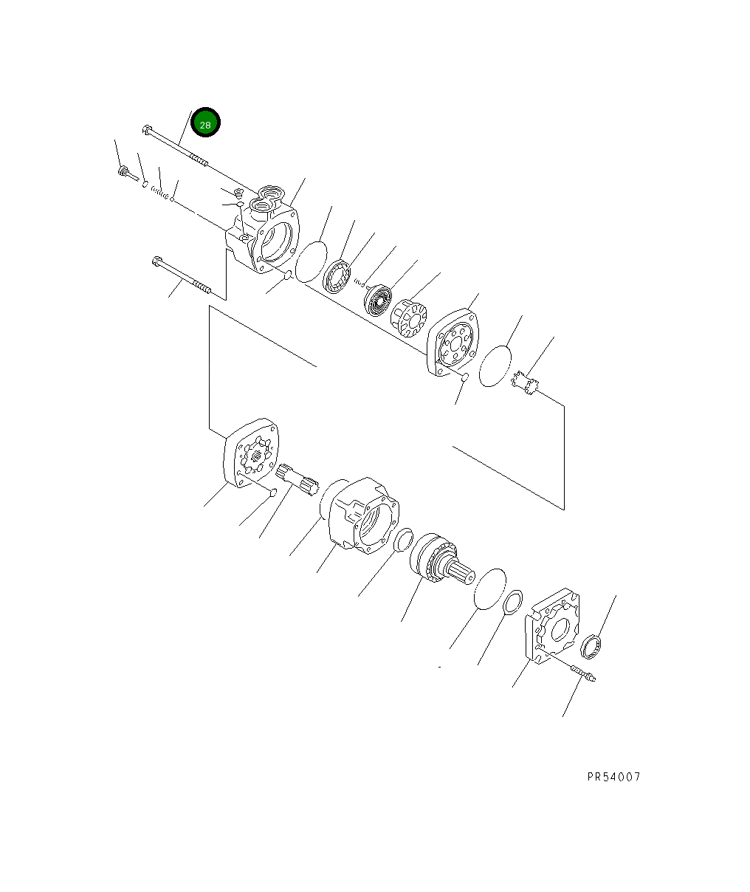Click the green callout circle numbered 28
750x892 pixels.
(205, 124)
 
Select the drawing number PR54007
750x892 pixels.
(613, 777)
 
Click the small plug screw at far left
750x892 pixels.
(127, 174)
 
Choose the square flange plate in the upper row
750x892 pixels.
(453, 343)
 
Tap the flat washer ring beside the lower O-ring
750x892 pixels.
(513, 602)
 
